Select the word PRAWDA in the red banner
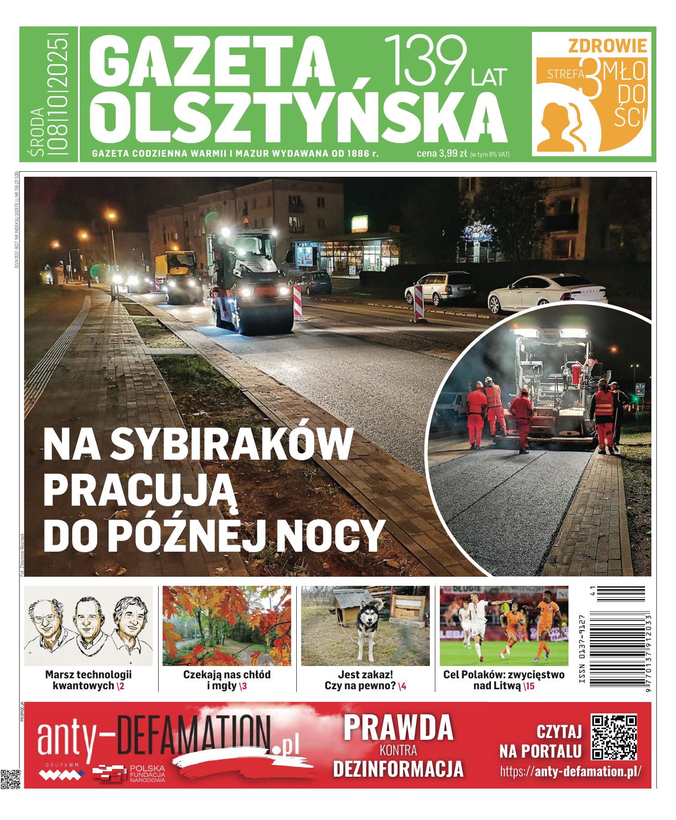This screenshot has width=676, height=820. pyautogui.click(x=398, y=728)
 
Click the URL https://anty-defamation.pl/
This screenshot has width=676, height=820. pyautogui.click(x=570, y=771)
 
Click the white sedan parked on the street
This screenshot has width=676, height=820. pyautogui.click(x=547, y=292)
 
